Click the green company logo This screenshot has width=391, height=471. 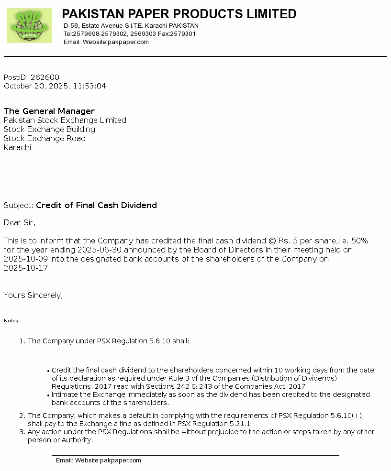pos(29,26)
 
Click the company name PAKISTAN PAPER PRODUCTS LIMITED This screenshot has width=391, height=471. pos(179,14)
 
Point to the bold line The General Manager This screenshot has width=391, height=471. pos(49,111)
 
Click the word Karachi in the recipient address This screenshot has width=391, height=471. pos(17,148)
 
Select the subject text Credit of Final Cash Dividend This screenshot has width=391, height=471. pos(96,206)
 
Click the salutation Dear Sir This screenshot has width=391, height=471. pos(20,223)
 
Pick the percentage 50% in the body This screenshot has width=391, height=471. pos(359,241)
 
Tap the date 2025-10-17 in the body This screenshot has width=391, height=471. pos(26,268)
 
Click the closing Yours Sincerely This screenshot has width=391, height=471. pos(33,296)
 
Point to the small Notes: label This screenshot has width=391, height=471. pos(11,321)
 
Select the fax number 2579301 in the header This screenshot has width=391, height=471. pos(183,34)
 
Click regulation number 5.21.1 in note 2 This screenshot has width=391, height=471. pos(241,424)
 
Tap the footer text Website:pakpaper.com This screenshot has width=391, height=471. pos(108,460)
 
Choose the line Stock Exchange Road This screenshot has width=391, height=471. pos(45,139)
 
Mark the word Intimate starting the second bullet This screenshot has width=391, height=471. pos(66,394)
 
